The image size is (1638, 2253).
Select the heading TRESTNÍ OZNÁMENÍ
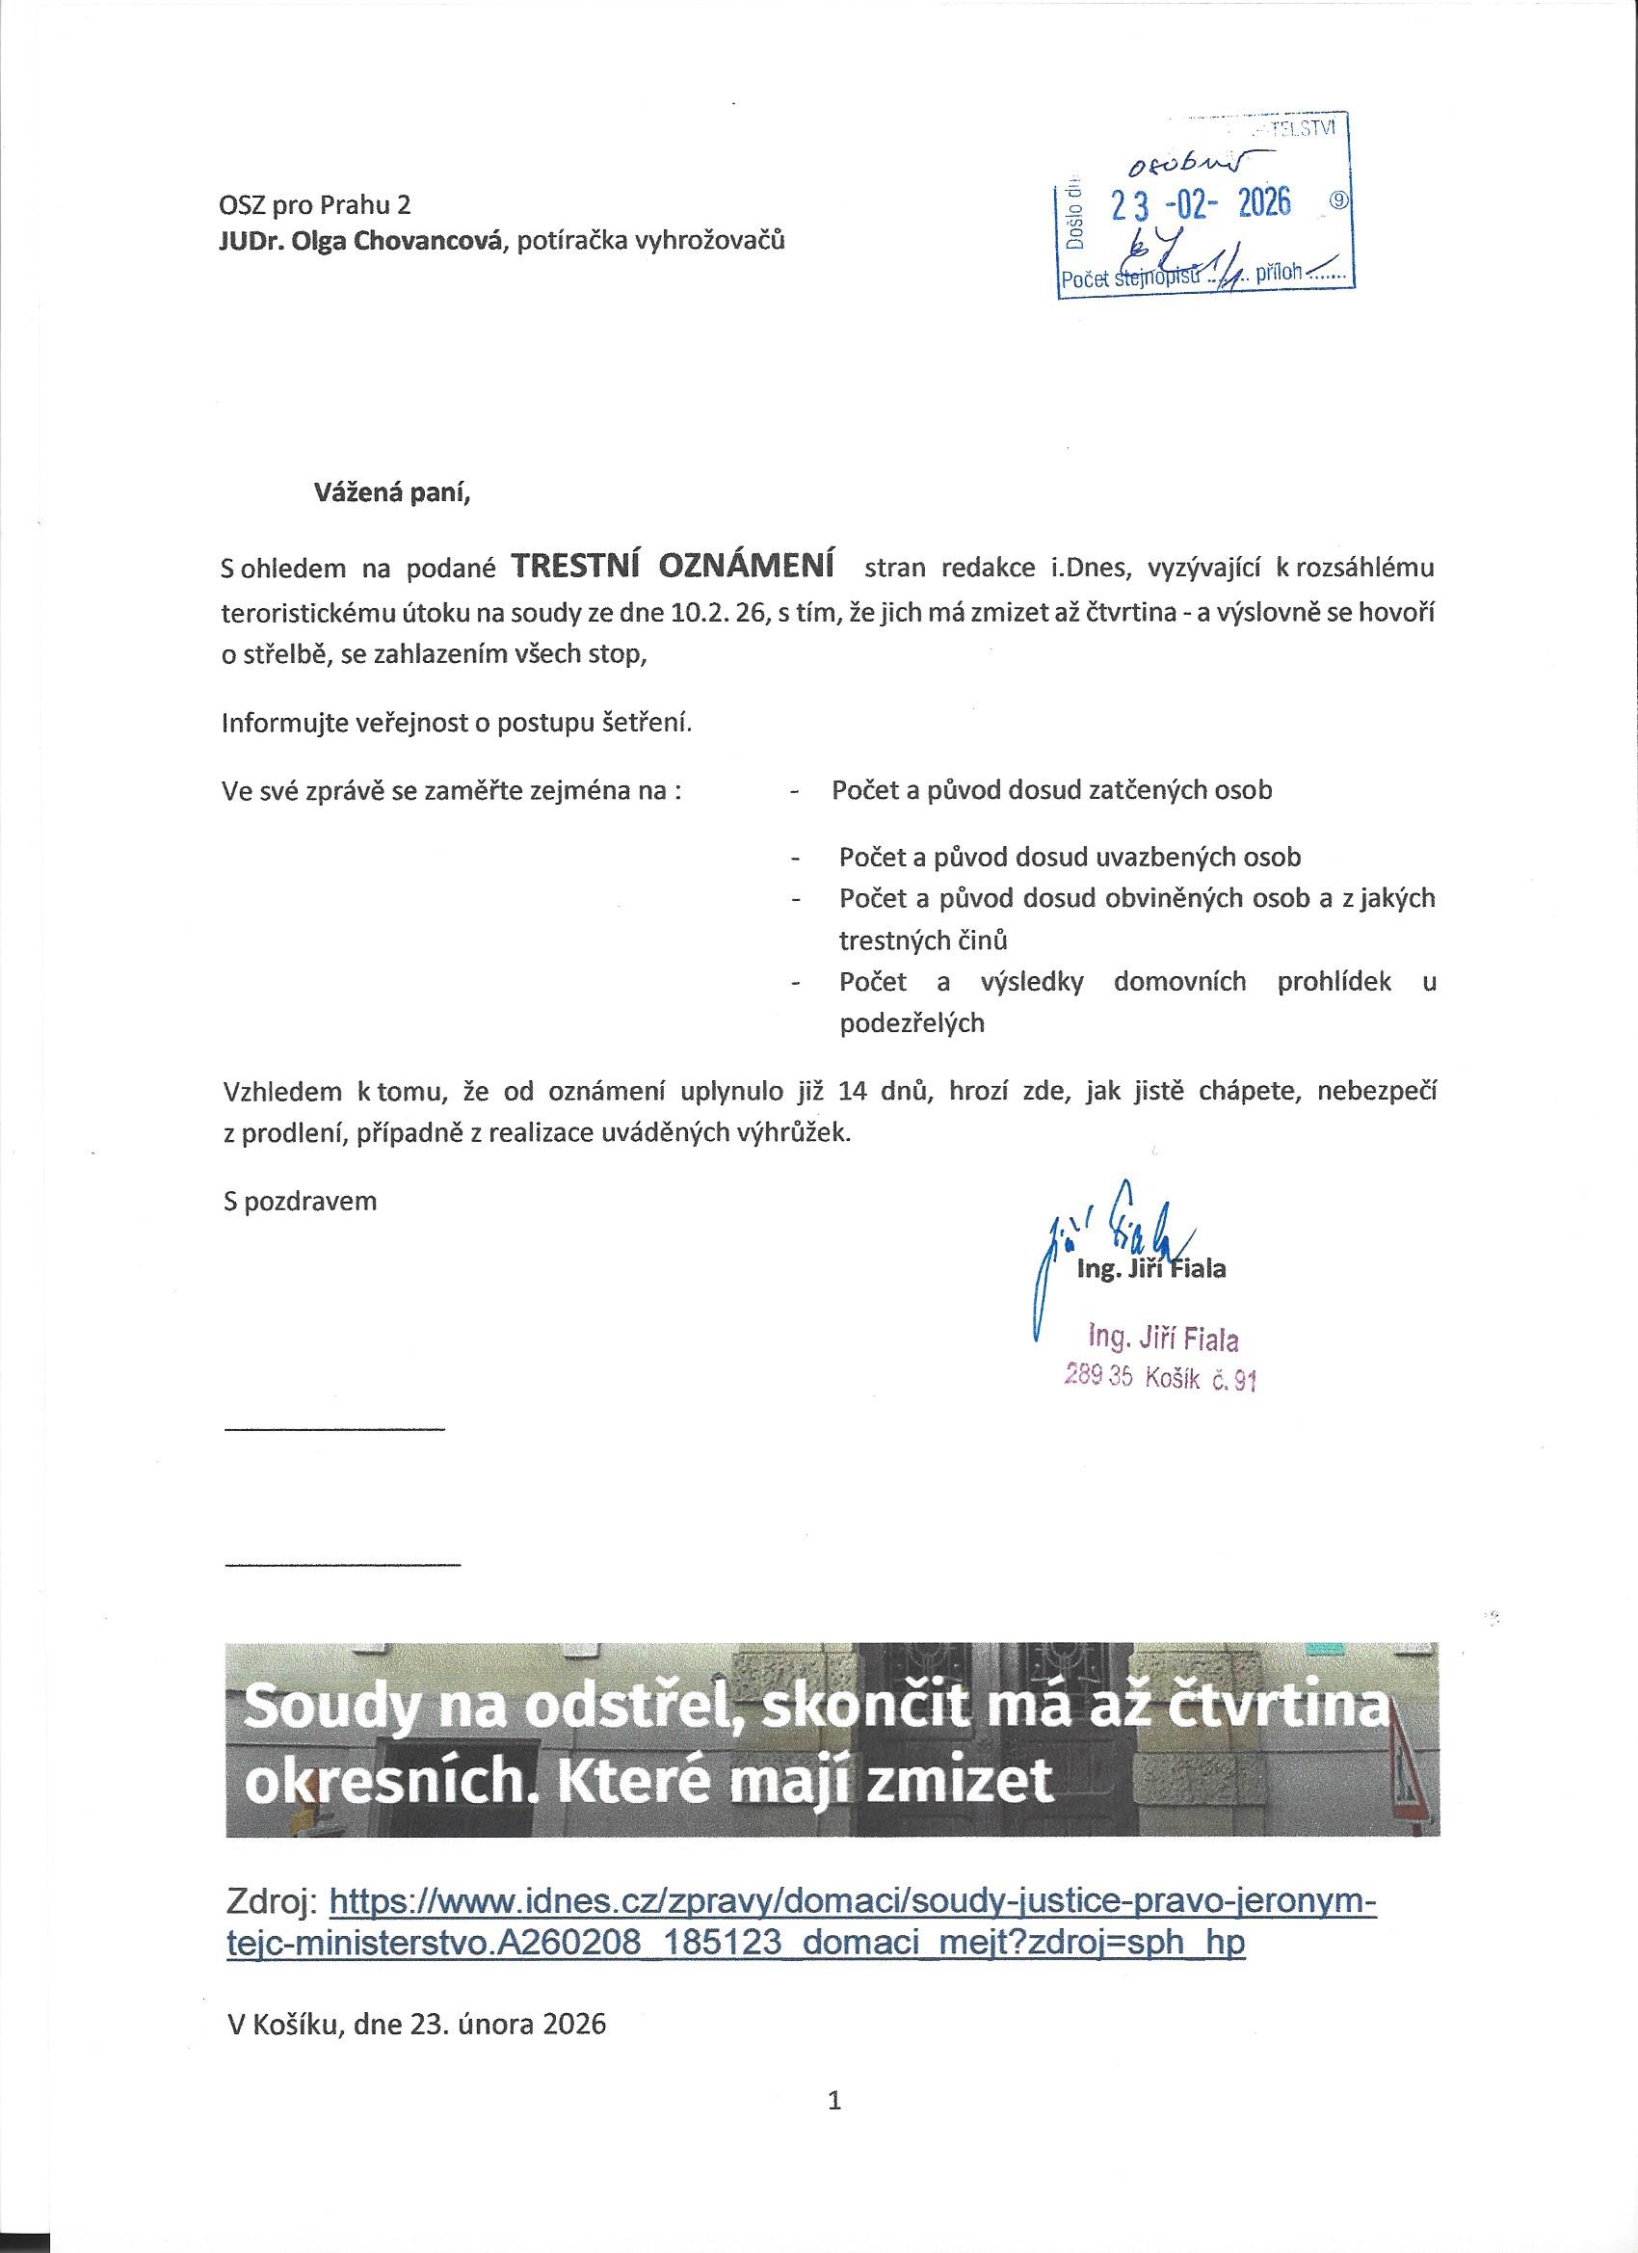[672, 567]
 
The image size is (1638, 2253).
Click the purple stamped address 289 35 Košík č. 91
[1160, 1378]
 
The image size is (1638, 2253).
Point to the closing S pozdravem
[300, 1201]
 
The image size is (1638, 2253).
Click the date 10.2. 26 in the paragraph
[714, 613]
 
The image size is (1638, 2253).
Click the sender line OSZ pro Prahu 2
[314, 204]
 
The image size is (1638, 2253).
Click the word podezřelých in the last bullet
[911, 1023]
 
